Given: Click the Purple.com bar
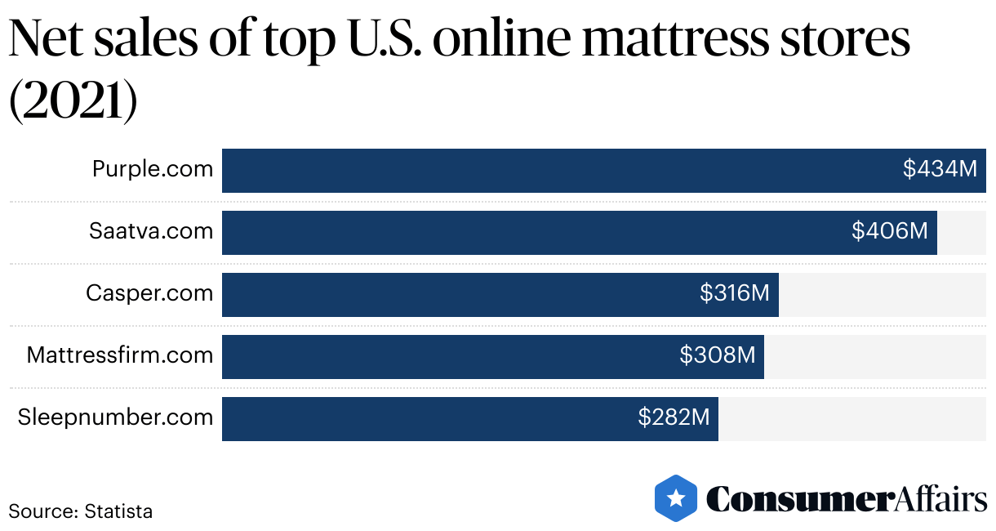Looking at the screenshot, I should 555,170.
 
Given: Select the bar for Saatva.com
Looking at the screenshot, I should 531,232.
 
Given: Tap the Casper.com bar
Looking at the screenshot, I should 457,294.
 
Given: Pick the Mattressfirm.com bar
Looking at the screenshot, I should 449,356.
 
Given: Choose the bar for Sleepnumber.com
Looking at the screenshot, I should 425,418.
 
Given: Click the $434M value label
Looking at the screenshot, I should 940,170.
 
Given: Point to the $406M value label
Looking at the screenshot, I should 890,232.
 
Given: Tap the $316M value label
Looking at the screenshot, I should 735,294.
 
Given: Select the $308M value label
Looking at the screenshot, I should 718,356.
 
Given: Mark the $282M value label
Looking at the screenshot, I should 674,418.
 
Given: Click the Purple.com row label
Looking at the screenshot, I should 153,170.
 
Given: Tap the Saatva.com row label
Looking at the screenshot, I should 151,232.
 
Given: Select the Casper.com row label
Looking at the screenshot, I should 149,294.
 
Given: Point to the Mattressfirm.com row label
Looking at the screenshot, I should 120,356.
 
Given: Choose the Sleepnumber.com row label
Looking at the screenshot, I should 115,418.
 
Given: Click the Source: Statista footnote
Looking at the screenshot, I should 81,512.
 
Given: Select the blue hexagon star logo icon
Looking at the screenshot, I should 676,498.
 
